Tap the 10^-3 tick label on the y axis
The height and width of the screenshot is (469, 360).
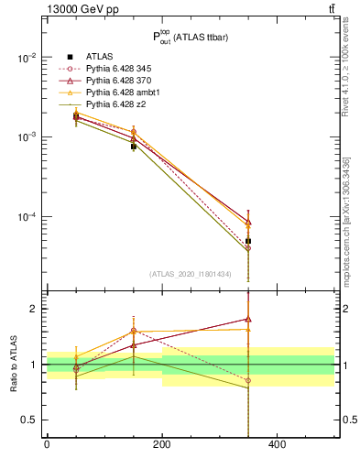click(26, 136)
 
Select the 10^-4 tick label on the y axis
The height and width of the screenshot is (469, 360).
click(26, 217)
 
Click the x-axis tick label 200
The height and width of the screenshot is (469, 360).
click(161, 446)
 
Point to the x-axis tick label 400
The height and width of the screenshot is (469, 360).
click(277, 446)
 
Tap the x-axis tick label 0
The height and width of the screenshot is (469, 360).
click(47, 446)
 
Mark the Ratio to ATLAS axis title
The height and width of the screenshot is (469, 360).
click(13, 365)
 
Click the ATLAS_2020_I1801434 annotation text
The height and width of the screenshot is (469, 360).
click(190, 274)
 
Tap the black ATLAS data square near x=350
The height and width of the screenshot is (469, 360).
click(248, 241)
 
